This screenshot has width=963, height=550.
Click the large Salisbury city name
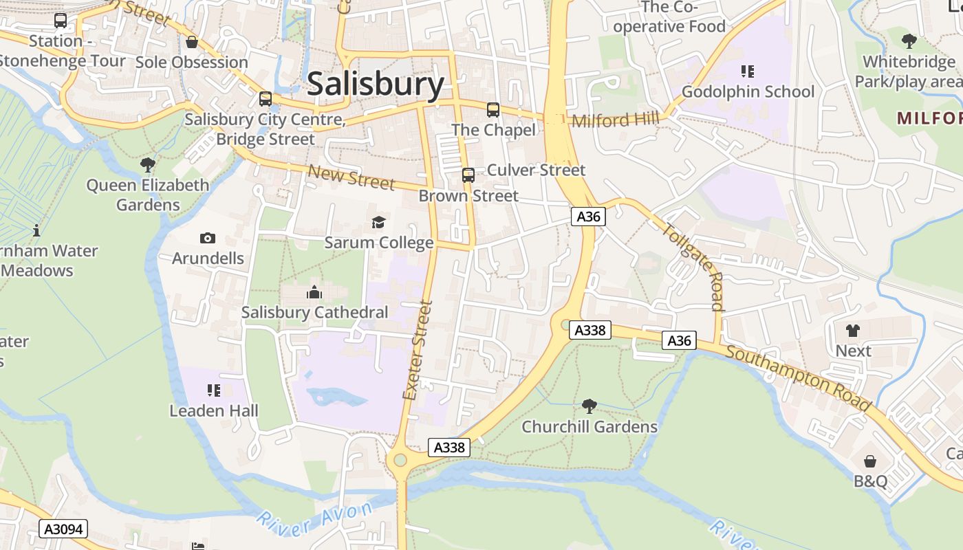click(376, 85)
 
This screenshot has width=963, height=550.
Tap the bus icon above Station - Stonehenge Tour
click(61, 21)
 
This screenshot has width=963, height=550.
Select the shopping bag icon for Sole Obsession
click(192, 42)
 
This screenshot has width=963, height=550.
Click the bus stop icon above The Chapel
click(493, 109)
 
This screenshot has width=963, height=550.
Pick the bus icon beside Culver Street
click(468, 175)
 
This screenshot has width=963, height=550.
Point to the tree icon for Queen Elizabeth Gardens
click(147, 165)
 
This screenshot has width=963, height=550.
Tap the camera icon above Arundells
click(207, 238)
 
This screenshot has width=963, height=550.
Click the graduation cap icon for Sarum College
click(378, 222)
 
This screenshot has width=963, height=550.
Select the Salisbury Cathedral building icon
click(314, 292)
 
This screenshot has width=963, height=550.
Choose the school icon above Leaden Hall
click(214, 390)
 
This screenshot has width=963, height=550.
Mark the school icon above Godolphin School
click(748, 71)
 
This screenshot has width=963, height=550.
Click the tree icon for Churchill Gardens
click(589, 406)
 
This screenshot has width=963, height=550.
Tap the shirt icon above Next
click(853, 330)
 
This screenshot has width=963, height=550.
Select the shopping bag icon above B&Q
click(870, 461)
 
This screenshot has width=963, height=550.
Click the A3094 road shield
click(64, 529)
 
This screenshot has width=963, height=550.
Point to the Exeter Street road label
click(418, 350)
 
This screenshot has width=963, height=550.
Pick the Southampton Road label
click(798, 378)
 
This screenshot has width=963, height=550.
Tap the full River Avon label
click(317, 515)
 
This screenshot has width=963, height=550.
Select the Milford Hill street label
click(615, 120)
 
